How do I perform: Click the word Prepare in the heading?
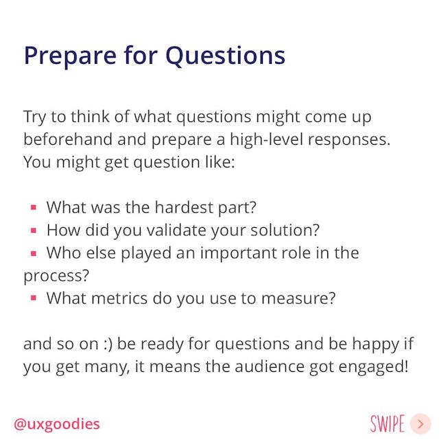coord(70,56)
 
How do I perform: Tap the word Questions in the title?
coord(225,56)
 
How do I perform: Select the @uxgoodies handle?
coord(57,424)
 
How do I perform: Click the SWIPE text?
coord(388,423)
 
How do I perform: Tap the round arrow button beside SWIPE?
coord(421,424)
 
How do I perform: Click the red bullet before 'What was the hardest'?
coord(34,207)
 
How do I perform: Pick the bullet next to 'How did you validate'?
coord(34,230)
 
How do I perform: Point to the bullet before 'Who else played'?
coord(34,253)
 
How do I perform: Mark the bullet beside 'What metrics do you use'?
coord(34,298)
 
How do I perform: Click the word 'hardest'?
coord(185,207)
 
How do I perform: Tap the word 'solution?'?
coord(285,230)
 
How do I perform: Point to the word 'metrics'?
coord(119,298)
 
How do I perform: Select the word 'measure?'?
coord(298,298)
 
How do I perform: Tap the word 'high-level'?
coord(266,140)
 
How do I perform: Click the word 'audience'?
coord(270,366)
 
